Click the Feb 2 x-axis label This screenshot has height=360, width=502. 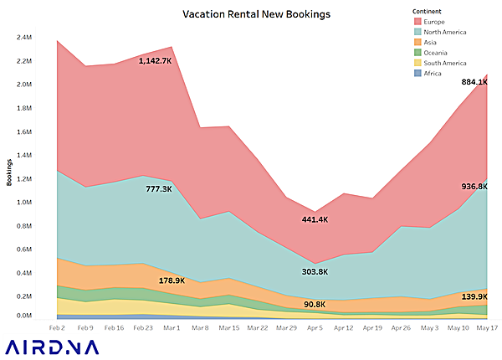point(58,327)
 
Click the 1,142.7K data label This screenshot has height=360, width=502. point(156,60)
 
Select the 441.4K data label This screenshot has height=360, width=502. point(315,219)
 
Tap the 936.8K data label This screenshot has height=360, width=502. point(474,186)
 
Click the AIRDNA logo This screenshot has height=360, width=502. point(50,347)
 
